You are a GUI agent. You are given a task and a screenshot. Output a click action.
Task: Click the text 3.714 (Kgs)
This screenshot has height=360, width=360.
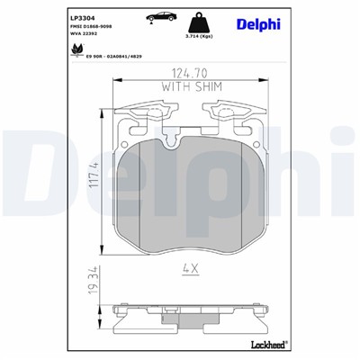pos(198,37)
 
